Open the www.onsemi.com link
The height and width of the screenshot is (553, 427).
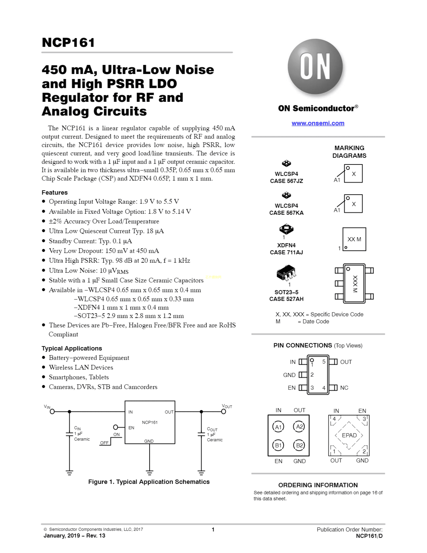coord(318,123)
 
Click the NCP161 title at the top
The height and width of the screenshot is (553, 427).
coord(68,43)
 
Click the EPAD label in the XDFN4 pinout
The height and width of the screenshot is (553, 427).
coord(349,435)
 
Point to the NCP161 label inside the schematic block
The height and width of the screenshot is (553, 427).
coord(150,422)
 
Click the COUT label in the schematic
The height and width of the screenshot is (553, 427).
coord(212,429)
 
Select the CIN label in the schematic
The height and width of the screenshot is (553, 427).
coord(77,428)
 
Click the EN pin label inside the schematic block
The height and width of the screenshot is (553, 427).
coord(131,428)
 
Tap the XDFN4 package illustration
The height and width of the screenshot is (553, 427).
coord(286,229)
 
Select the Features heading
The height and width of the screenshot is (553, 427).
coord(55,192)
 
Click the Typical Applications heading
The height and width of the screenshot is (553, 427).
coord(72,348)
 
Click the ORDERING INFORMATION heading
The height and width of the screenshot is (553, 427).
coord(318,485)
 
